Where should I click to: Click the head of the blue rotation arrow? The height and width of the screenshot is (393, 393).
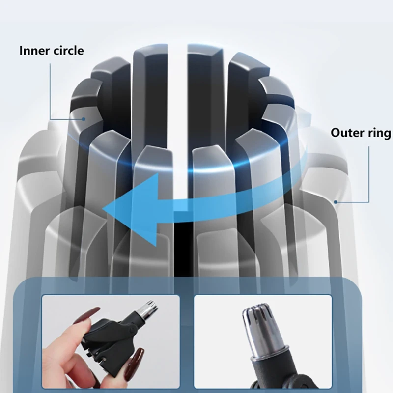point(130,208)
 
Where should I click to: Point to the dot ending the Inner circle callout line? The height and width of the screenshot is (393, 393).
point(84,119)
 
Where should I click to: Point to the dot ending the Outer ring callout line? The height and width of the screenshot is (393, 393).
point(336,202)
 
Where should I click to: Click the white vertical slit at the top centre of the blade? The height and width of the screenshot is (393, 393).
point(177,100)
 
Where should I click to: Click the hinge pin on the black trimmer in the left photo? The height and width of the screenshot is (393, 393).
point(130,329)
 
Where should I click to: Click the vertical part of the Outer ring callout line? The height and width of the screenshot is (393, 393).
point(369,174)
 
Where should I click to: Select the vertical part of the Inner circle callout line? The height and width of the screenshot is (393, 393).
point(50,91)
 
